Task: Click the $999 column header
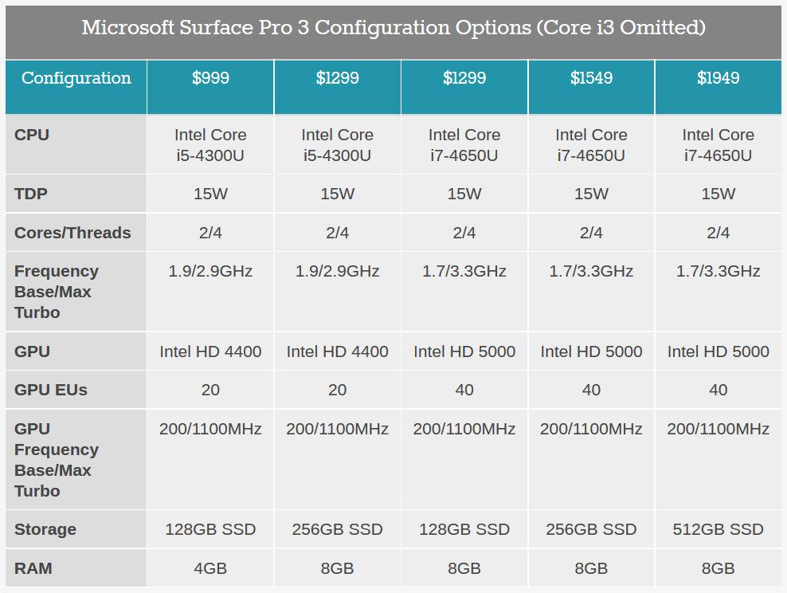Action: [210, 78]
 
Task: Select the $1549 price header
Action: [591, 78]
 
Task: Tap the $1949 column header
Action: [718, 78]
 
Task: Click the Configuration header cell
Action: [76, 78]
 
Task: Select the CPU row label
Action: [32, 135]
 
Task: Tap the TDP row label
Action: [32, 194]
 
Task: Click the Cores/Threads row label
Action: [72, 233]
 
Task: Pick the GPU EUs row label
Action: [51, 390]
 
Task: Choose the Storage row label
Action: [45, 529]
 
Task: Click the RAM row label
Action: [33, 568]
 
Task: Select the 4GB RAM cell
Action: [210, 568]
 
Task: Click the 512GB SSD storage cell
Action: [718, 529]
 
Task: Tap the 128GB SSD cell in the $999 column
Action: [210, 529]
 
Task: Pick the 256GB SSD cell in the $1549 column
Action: [591, 529]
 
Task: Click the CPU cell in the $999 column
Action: [210, 145]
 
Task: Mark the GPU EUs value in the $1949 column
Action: [718, 390]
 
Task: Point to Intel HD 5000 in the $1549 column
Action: [591, 351]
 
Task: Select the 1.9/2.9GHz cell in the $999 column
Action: [210, 272]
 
